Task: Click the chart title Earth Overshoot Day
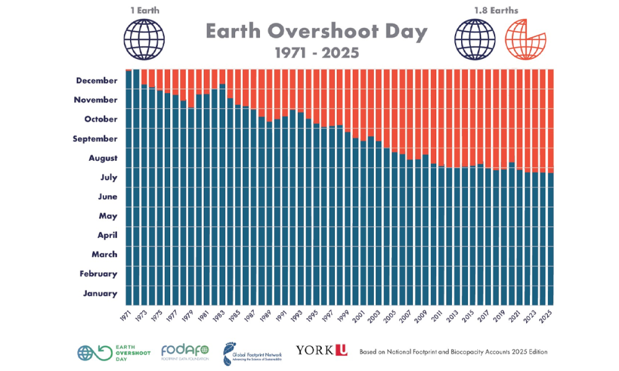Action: (316, 32)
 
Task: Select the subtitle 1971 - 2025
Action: (316, 53)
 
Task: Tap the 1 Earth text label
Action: (144, 10)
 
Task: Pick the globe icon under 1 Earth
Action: (144, 38)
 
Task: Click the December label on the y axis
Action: (96, 80)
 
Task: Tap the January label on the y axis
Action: (100, 293)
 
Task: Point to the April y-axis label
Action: (107, 235)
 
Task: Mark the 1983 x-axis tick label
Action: (220, 315)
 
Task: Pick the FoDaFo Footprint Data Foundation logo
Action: (185, 352)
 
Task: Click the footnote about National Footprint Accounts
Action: (453, 351)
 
